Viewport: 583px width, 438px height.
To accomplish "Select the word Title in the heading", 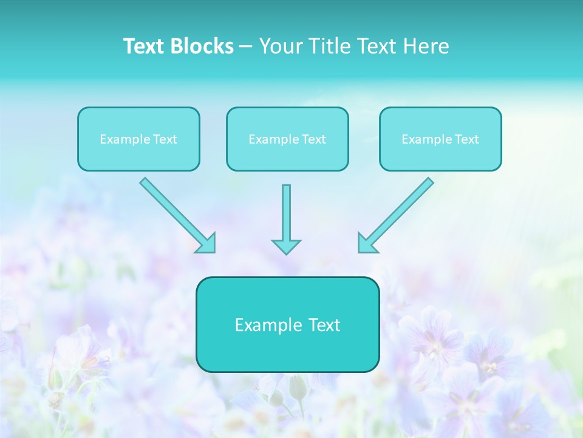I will [x=330, y=46].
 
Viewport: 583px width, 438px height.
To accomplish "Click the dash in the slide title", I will [x=246, y=46].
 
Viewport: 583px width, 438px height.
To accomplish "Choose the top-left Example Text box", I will [x=138, y=139].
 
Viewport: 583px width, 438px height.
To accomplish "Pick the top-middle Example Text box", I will [x=287, y=139].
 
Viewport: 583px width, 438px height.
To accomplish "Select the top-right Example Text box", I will [x=440, y=139].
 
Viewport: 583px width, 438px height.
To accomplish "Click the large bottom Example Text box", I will [x=287, y=325].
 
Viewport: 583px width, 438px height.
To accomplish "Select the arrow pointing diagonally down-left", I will [x=397, y=214].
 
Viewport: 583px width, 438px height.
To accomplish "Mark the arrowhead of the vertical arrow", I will [x=286, y=246].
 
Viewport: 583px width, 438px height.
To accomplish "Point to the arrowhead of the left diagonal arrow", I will [x=206, y=243].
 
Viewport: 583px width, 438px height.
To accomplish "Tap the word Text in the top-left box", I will [x=165, y=139].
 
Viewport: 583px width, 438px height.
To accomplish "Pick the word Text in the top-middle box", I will [x=314, y=139].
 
